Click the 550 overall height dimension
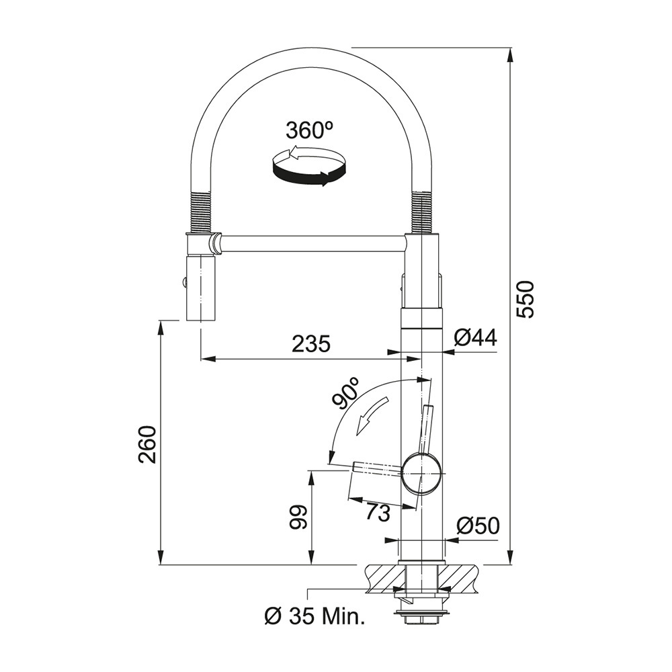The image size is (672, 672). coord(525,300)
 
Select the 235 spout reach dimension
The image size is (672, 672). coord(311,343)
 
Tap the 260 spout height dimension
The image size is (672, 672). coord(147,444)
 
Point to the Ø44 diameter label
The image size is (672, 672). coord(475,338)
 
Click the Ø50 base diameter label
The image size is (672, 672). coord(478,526)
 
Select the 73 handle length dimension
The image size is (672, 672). coord(378,512)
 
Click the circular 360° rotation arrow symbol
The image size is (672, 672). coord(308,165)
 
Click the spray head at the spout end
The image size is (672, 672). coord(200,288)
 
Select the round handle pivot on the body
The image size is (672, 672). coord(421,473)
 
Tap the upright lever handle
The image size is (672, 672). coord(427,429)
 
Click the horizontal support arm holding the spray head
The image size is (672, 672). coord(312,243)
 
